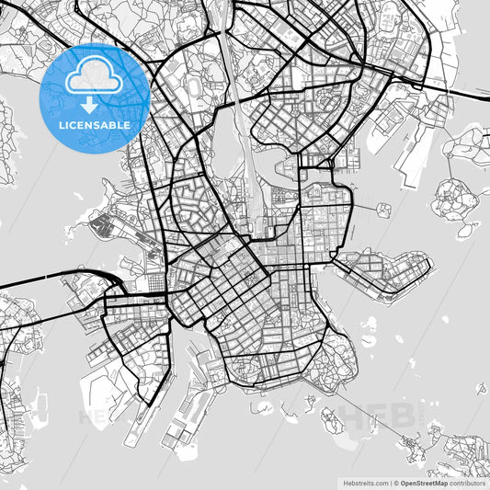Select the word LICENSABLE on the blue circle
click(x=95, y=125)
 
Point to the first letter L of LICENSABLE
click(x=60, y=125)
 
